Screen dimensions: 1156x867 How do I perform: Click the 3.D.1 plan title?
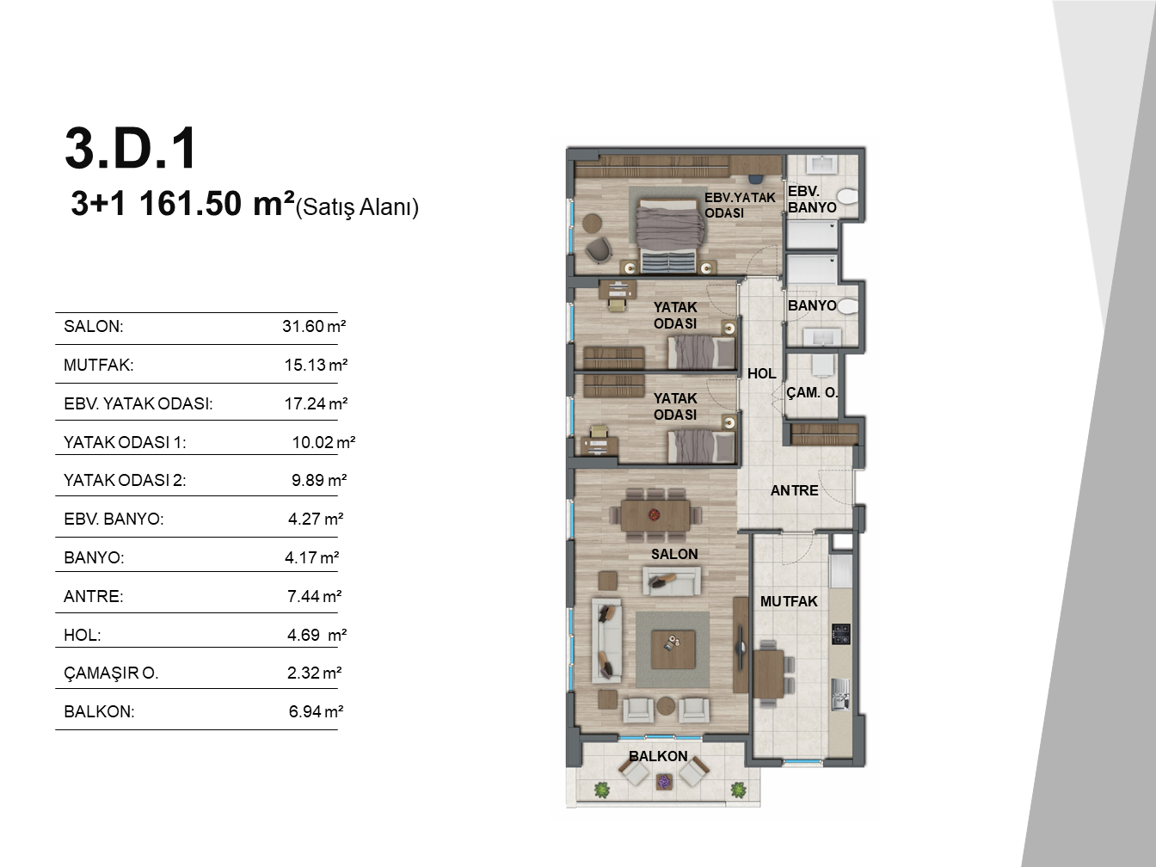[131, 149]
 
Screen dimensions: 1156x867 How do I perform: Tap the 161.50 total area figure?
[191, 204]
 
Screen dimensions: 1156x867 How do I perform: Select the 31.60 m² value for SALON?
[314, 326]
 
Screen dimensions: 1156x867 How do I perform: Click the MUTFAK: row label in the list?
[99, 365]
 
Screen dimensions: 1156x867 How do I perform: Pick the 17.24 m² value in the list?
[316, 403]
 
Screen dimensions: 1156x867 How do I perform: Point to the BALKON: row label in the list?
[99, 711]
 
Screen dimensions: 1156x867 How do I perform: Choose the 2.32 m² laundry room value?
[315, 673]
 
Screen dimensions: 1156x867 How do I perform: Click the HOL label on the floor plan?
[761, 374]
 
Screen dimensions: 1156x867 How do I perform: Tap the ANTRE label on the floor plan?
[794, 490]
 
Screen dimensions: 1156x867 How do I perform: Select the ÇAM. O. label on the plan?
[812, 392]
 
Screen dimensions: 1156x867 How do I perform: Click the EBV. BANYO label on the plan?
[812, 200]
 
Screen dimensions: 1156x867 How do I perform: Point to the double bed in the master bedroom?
[669, 236]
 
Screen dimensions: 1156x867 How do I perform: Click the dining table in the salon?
[655, 515]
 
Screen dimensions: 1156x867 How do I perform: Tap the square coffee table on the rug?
[673, 649]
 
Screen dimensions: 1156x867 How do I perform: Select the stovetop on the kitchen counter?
[841, 634]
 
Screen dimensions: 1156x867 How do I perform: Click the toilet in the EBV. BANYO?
[846, 198]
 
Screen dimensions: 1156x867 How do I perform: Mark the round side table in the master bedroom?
[593, 223]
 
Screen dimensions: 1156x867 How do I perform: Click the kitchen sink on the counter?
[841, 693]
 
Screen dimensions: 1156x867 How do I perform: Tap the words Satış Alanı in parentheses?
[357, 207]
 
